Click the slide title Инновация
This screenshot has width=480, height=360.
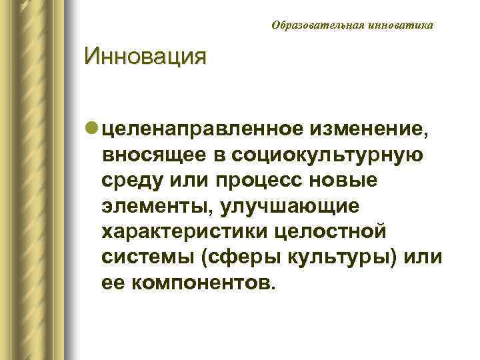click(x=145, y=57)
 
